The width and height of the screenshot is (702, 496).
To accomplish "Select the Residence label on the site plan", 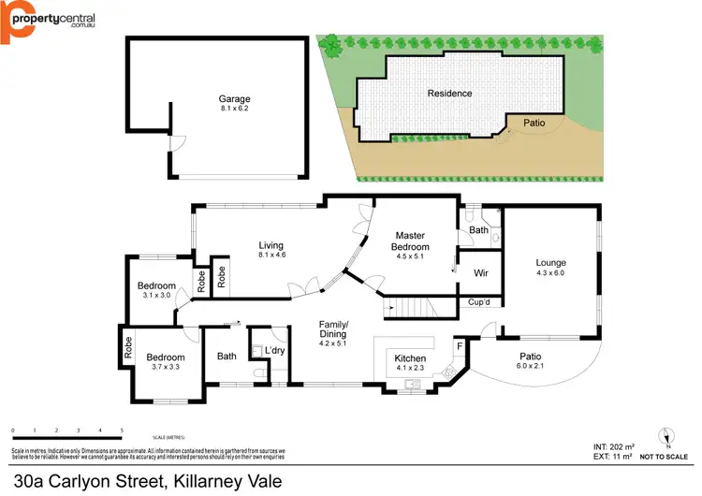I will coord(449,94).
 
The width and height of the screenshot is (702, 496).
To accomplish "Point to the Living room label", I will coord(271,246).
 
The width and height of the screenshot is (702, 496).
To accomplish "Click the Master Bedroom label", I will coord(411,241).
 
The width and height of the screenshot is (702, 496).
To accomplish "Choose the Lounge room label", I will coord(550,263).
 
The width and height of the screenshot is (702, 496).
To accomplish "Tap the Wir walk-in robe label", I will coord(482,274).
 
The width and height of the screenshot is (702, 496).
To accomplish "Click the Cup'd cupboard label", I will coord(480,302).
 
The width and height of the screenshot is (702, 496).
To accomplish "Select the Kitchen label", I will coord(412,358).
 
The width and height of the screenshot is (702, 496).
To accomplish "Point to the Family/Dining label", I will coord(333,328).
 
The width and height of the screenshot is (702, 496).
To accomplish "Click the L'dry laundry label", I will coord(274,350).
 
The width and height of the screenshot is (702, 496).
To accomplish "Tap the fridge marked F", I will coord(460,346).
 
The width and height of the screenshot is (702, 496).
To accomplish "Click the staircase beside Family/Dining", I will coord(412,307).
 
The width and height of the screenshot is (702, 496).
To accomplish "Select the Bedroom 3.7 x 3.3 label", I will coord(165,357).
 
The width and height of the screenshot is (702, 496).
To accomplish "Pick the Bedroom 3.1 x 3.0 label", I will coord(156,285).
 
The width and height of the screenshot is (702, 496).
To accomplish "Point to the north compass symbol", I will coord(665,436).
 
